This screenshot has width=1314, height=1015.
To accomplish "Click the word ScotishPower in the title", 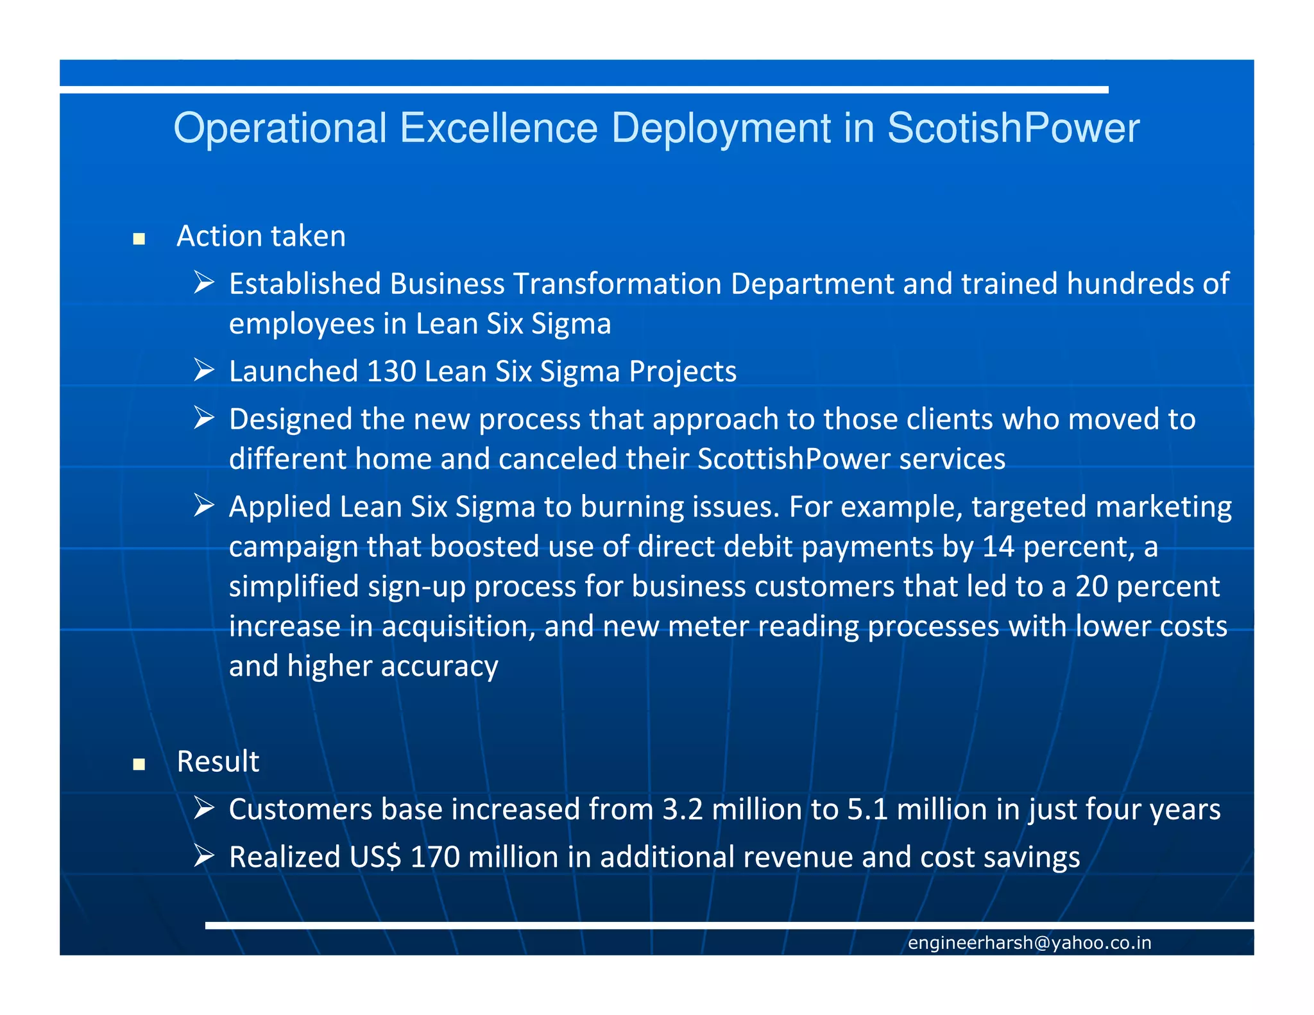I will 1013,128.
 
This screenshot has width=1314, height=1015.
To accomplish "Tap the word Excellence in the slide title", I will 499,128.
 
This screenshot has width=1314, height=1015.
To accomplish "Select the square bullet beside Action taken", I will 139,239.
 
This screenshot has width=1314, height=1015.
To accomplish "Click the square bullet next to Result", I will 139,764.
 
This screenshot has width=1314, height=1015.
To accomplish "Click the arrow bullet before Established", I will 204,282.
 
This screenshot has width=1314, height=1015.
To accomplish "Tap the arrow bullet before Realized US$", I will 204,856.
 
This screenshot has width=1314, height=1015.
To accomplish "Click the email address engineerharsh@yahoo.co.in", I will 1029,942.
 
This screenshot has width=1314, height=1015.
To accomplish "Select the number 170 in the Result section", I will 435,857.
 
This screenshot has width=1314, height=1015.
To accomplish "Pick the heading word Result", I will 218,762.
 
